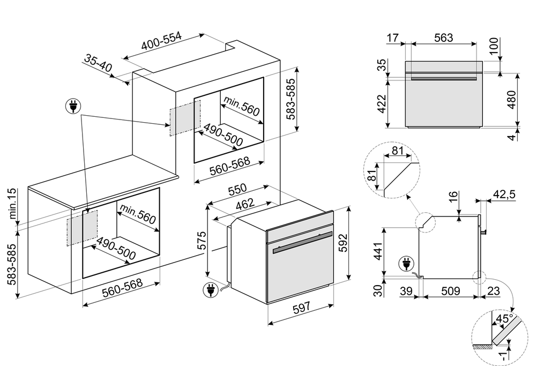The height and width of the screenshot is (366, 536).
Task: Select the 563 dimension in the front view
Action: [x=443, y=38]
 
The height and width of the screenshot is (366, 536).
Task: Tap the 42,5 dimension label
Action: [x=504, y=195]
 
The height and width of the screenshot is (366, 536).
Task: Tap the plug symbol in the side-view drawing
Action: [x=406, y=264]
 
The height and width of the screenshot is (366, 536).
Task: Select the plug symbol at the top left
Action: [x=72, y=107]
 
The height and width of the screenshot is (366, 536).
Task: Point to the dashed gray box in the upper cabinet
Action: [x=184, y=117]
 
